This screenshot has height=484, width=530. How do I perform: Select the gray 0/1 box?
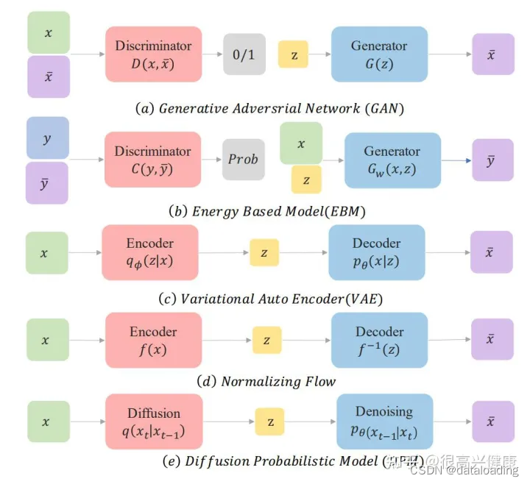click(x=244, y=54)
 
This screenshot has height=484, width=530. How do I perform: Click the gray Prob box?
click(x=243, y=159)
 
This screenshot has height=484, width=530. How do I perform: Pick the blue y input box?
click(x=47, y=138)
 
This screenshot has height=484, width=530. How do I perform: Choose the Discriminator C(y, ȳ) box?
click(x=153, y=159)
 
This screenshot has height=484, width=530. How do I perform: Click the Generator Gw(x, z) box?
click(x=392, y=160)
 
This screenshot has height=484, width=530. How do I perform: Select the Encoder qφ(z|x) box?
click(x=150, y=252)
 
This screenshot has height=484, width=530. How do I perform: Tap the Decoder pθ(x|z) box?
click(x=376, y=252)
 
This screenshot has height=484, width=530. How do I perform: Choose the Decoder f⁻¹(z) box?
click(x=379, y=340)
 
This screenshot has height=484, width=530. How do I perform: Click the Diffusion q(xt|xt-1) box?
click(x=154, y=421)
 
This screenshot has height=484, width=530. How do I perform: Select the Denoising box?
click(x=384, y=421)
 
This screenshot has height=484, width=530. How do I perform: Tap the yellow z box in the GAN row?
click(x=293, y=54)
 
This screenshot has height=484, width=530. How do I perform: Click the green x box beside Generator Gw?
click(x=301, y=143)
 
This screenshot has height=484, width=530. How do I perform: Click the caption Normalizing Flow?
click(x=278, y=381)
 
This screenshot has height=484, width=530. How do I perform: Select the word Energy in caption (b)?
click(x=216, y=211)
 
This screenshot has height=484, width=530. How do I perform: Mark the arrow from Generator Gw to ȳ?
click(x=456, y=160)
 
